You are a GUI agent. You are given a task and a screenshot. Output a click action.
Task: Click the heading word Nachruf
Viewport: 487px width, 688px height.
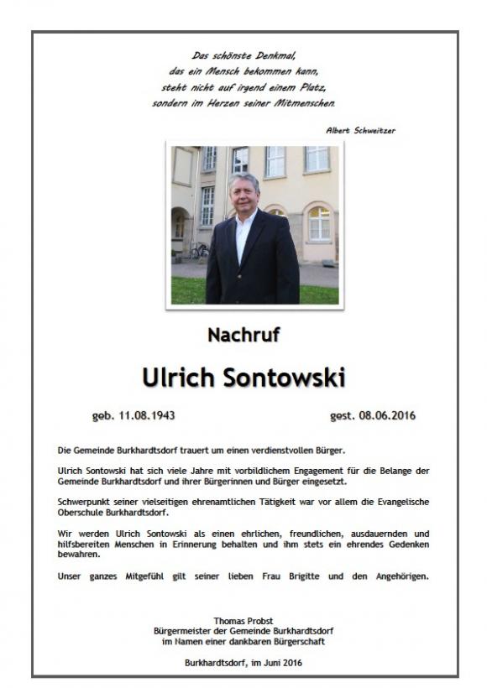(x=243, y=336)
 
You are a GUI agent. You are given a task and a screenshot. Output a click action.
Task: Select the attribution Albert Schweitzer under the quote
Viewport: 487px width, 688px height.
(x=360, y=130)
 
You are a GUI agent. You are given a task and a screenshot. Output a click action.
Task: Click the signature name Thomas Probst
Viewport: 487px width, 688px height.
(x=243, y=621)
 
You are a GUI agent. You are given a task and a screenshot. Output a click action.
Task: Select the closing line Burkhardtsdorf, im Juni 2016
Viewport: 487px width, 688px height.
(x=243, y=663)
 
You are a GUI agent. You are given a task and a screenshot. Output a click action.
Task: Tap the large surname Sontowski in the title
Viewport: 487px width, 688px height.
(x=285, y=378)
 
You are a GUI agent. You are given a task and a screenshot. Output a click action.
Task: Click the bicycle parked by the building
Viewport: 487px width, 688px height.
(x=198, y=251)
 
